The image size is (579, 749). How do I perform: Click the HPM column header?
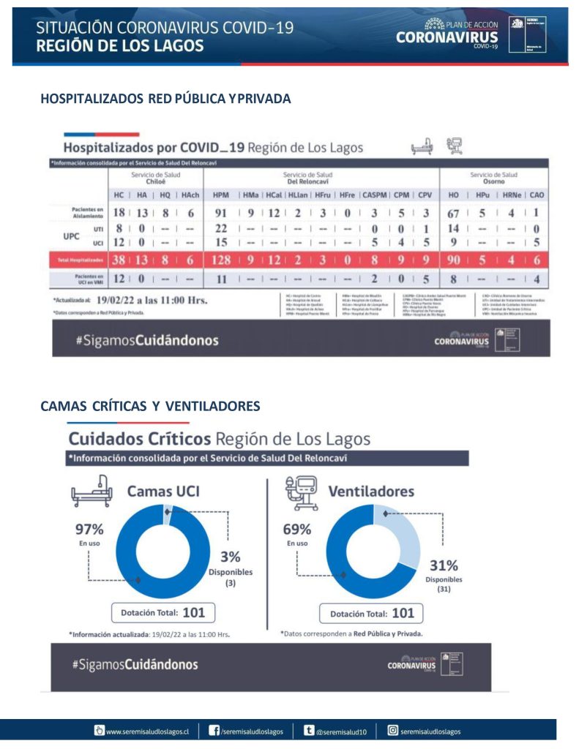tap(222, 196)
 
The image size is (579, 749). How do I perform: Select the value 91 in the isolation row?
tap(220, 214)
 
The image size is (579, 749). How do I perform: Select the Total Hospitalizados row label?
tap(79, 259)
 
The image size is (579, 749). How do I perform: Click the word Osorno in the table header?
tap(493, 182)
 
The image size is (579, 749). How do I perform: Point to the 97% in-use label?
tap(89, 529)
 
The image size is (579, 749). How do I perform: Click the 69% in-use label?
tap(297, 530)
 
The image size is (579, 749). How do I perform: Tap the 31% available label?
tap(443, 565)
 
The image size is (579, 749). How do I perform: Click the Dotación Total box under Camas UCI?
tap(163, 613)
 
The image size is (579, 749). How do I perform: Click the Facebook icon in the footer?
tap(214, 730)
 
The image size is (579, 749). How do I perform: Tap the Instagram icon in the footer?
tap(392, 730)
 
